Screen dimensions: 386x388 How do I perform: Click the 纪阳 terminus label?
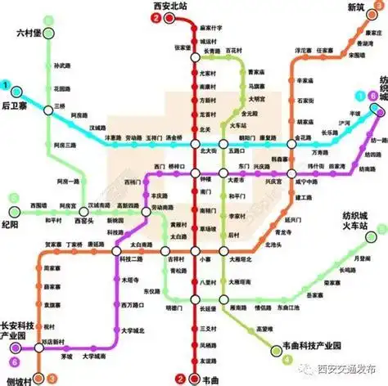click(x=12, y=223)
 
